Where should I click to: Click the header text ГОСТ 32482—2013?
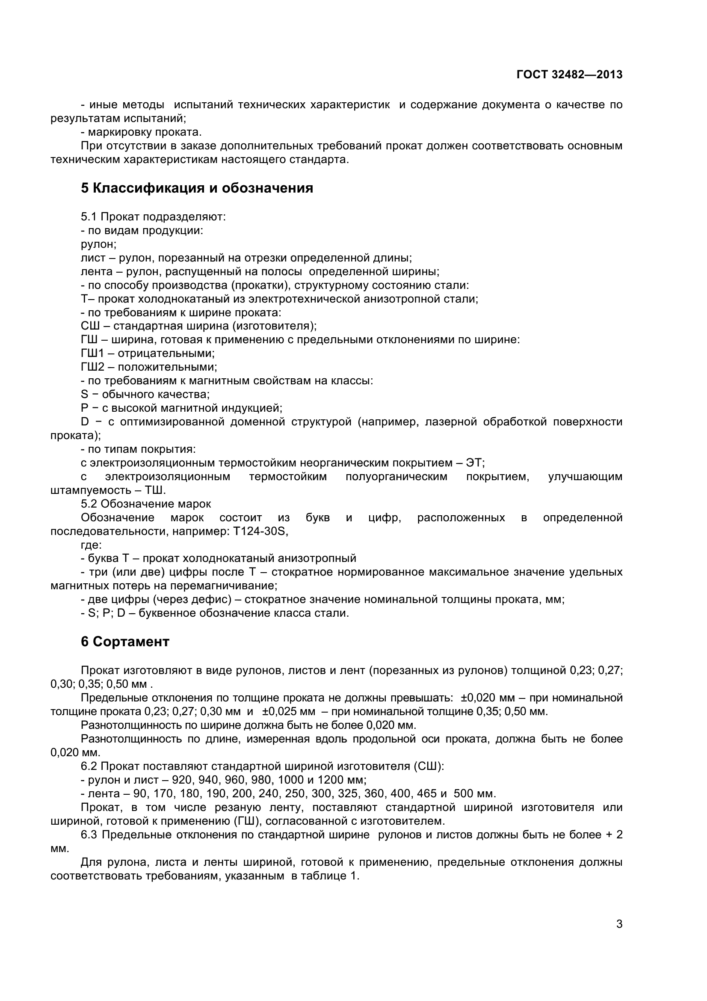pyautogui.click(x=569, y=74)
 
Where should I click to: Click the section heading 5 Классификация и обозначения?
pyautogui.click(x=197, y=188)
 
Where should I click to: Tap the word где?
pyautogui.click(x=91, y=545)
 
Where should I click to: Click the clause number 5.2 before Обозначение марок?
pyautogui.click(x=89, y=504)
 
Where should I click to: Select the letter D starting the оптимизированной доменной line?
pyautogui.click(x=85, y=422)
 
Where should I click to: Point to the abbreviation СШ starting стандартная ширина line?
pyautogui.click(x=90, y=326)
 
